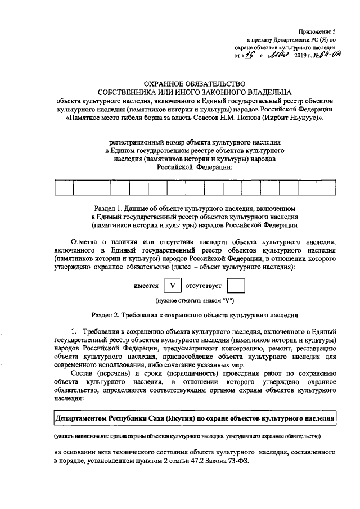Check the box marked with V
[173, 286]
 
